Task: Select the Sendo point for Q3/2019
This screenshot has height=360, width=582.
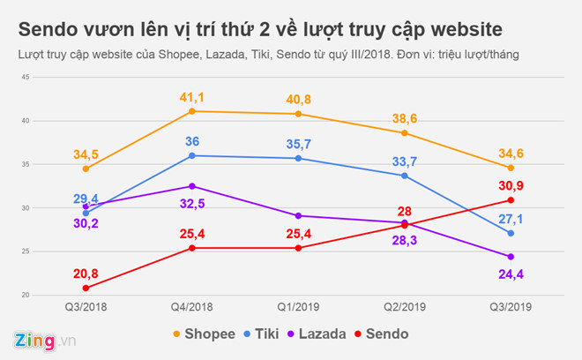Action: (x=511, y=200)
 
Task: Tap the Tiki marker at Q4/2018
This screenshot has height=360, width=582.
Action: (x=191, y=155)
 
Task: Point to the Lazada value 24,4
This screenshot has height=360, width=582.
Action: (x=511, y=274)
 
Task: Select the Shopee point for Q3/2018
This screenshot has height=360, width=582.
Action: (x=86, y=169)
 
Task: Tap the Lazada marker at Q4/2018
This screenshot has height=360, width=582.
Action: (x=191, y=186)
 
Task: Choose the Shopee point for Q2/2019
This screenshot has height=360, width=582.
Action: (x=405, y=133)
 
